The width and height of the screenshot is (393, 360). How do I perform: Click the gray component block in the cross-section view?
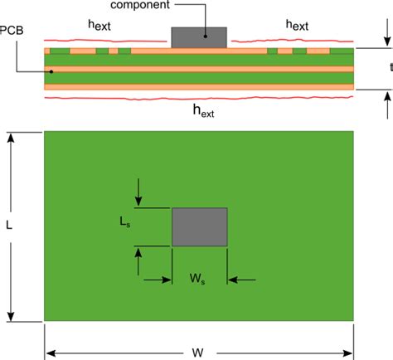pos(199,37)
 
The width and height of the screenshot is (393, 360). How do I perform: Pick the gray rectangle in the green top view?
pos(200,226)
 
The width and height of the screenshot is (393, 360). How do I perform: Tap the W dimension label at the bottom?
pos(199,353)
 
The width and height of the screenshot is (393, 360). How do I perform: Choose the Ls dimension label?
pos(124,222)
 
